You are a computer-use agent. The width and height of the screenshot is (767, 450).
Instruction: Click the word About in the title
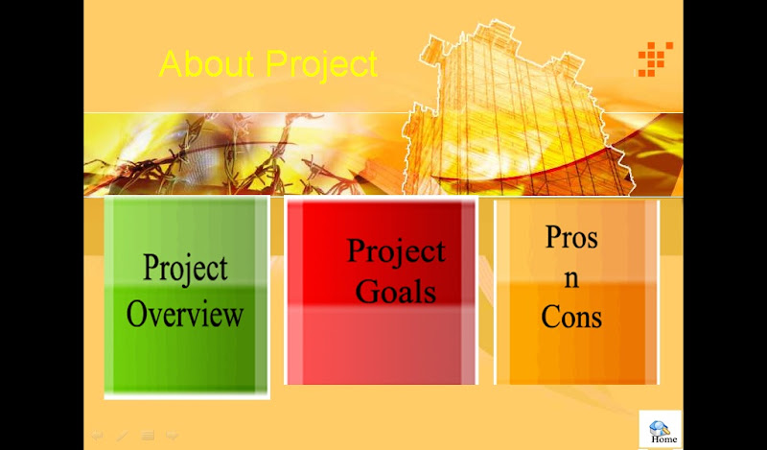point(206,63)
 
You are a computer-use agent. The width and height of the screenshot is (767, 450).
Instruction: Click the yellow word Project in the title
point(322,65)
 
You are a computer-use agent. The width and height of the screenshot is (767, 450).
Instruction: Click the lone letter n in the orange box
point(571,278)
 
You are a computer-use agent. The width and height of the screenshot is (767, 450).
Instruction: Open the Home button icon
point(659,428)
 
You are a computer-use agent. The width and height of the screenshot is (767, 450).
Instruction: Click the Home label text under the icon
point(663,439)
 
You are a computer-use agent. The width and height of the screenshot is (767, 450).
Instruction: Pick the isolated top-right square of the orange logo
point(669,45)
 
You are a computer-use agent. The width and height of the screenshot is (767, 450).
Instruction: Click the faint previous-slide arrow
point(97,436)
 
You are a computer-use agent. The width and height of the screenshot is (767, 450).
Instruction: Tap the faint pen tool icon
point(123,436)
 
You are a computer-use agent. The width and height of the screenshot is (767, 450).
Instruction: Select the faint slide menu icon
point(148,436)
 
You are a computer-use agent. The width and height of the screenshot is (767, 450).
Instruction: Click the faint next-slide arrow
point(172,436)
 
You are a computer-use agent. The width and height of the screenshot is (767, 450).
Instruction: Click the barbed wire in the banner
point(221,156)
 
